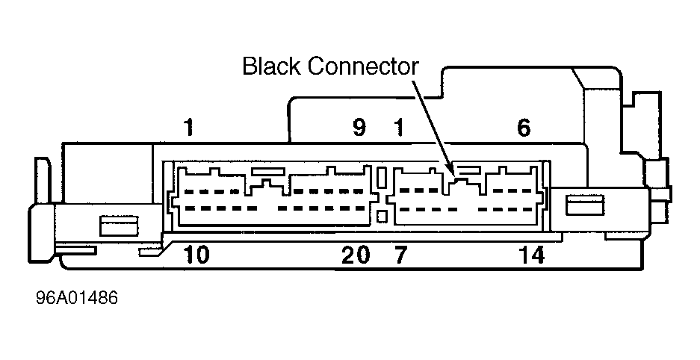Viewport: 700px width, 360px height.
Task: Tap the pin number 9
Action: pos(359,128)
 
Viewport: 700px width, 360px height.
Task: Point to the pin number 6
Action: pos(524,128)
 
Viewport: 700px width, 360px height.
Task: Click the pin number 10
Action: pos(196,255)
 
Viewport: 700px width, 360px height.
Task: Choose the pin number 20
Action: pos(356,255)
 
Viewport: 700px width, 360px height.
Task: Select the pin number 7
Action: pos(400,255)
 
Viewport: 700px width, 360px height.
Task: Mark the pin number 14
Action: pos(531,255)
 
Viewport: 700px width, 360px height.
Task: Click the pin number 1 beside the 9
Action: pos(399,128)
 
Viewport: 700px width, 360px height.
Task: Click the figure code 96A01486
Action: pos(76,299)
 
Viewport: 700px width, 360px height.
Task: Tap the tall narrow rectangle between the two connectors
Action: pos(381,179)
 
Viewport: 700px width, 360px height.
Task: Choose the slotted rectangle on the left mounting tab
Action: pos(117,223)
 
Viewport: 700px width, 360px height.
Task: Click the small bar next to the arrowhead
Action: pos(468,171)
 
